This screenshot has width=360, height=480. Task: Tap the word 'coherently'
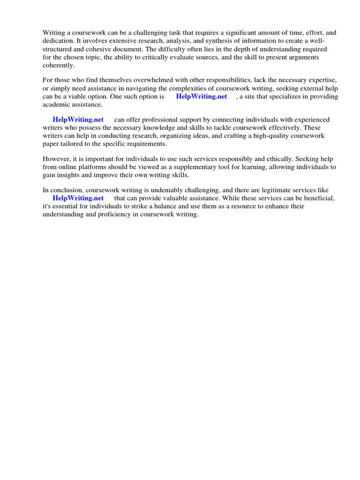58,65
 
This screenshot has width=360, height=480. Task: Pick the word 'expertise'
322,81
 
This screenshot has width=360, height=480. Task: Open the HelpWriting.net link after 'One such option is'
202,96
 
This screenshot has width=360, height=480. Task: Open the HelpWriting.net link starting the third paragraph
78,120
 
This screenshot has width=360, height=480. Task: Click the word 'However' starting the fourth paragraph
56,159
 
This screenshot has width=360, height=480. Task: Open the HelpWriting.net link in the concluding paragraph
78,198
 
